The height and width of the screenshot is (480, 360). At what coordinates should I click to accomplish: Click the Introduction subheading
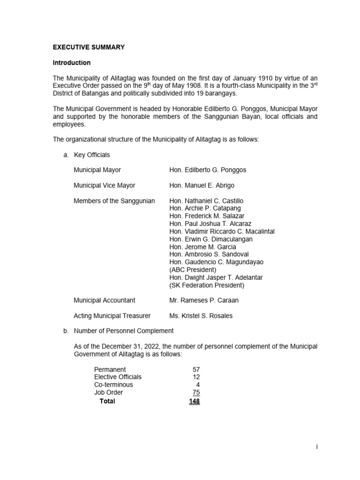point(72,63)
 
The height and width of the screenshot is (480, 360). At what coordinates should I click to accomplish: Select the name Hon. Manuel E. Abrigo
point(202,186)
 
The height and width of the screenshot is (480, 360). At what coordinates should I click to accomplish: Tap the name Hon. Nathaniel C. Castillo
point(206,201)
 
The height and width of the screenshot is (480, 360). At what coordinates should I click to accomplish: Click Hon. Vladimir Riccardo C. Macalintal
point(222,232)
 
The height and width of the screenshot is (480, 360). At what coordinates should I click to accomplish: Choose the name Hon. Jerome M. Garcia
point(202,247)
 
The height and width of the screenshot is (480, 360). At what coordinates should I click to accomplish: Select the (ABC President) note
point(193,270)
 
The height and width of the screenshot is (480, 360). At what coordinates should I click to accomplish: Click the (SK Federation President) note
point(207,285)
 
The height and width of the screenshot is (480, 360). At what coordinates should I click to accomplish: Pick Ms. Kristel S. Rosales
point(201,316)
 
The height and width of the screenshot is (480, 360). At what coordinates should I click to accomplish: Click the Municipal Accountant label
point(105,300)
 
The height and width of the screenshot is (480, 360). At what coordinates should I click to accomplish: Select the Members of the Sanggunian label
point(114,201)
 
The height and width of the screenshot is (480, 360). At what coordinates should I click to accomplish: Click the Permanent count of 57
point(196,370)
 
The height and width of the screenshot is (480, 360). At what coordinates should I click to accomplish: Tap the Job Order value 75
point(196,393)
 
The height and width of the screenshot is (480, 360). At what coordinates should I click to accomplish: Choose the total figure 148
point(194,401)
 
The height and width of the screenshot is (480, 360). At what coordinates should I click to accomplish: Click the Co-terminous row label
point(113,385)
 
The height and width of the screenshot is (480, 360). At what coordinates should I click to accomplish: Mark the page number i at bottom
point(317,447)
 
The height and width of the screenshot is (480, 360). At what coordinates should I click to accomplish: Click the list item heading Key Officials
point(92,155)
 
